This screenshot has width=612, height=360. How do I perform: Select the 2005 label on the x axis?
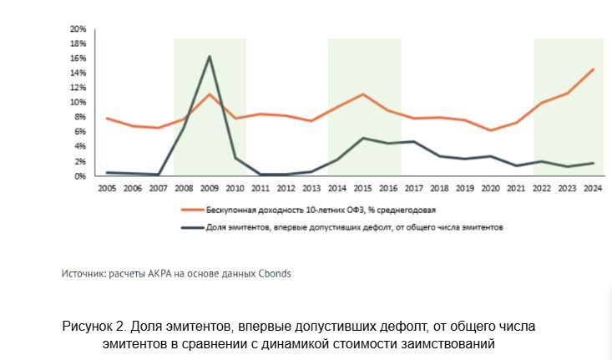[x=107, y=190]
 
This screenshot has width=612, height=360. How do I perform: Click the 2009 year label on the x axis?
[x=209, y=190]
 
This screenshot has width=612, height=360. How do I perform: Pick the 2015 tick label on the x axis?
[x=362, y=190]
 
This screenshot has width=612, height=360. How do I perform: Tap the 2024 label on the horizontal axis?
[x=592, y=190]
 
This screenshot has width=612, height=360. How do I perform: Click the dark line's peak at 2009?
[x=209, y=57]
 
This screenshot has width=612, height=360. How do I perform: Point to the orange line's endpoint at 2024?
[x=593, y=69]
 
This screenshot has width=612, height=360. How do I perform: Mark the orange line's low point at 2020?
[x=491, y=130]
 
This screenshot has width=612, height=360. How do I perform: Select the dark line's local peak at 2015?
[x=362, y=138]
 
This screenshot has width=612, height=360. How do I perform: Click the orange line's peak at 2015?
[x=362, y=94]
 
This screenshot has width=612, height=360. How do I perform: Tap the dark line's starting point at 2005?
[x=107, y=172]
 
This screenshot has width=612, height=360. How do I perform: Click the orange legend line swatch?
[x=192, y=210]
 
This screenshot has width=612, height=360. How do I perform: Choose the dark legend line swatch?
[x=192, y=226]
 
